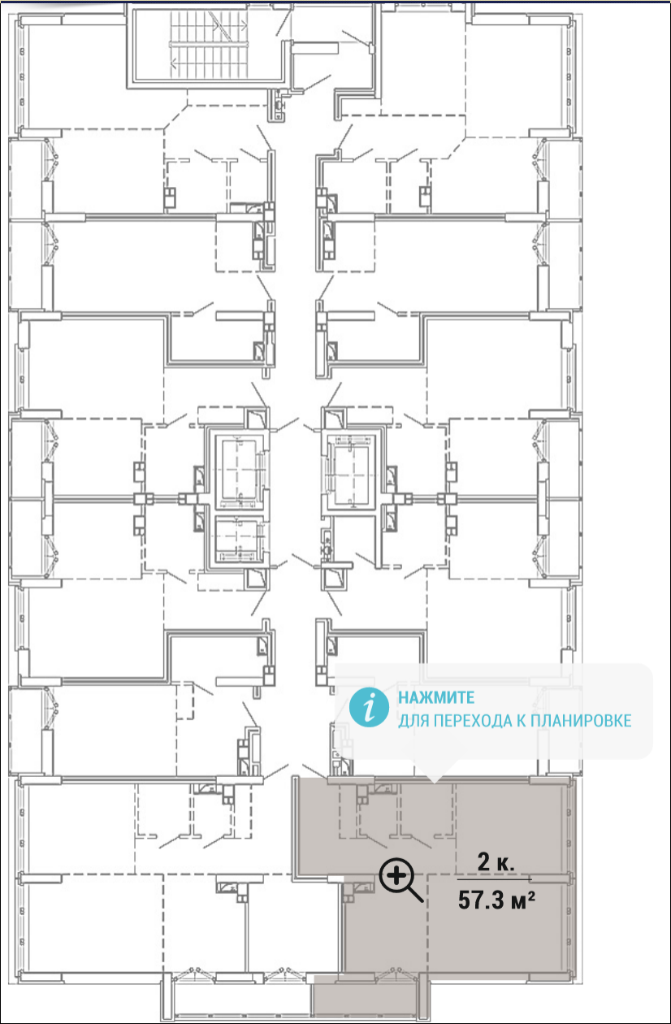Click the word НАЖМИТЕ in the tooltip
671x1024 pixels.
(x=436, y=697)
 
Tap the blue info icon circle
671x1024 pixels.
(x=369, y=707)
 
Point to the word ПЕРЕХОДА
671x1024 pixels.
(x=473, y=721)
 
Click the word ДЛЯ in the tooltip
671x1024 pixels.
(x=413, y=721)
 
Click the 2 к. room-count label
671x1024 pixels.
(x=496, y=862)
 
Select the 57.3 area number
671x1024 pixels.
(x=480, y=900)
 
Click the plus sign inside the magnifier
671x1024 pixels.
(x=396, y=876)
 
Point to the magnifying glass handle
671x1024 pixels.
(x=415, y=894)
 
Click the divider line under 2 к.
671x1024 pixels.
(x=494, y=879)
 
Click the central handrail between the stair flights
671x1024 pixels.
(x=209, y=45)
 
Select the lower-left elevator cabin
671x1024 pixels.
(x=236, y=540)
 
